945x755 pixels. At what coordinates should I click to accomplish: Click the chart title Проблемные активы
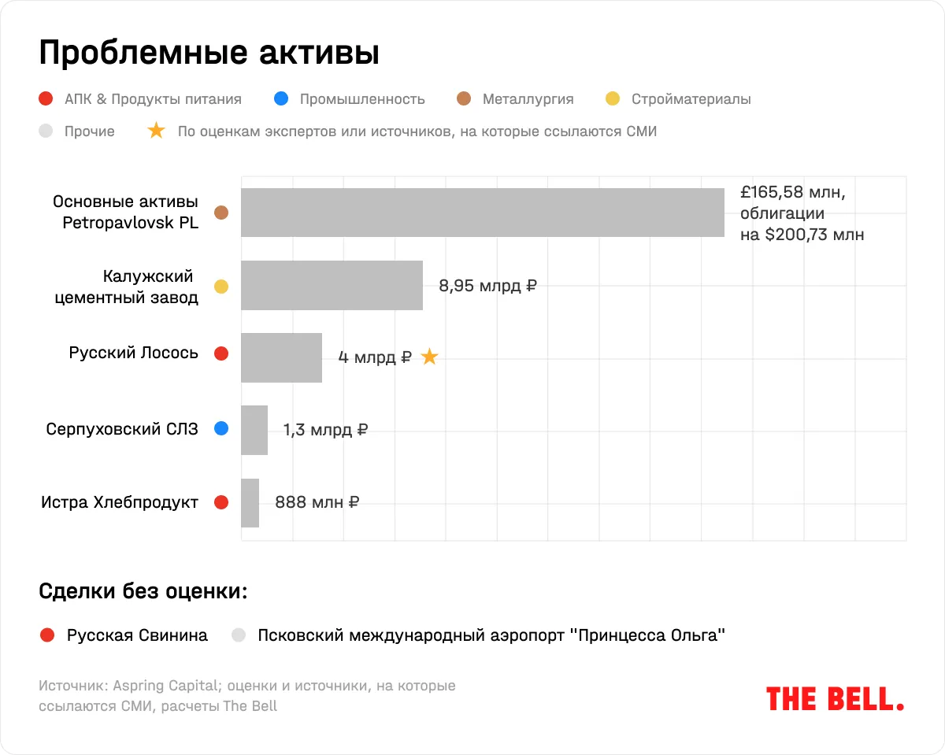tap(209, 53)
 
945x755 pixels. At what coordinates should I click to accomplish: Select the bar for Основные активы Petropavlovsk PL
tap(482, 213)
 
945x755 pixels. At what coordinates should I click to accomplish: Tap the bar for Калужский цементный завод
tap(332, 285)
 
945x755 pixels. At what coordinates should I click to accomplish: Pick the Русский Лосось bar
tap(281, 357)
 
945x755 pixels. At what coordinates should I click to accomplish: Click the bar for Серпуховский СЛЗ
tap(254, 430)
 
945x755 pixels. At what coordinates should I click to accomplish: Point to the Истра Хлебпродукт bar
tap(250, 502)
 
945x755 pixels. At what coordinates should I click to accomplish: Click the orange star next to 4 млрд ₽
tap(429, 357)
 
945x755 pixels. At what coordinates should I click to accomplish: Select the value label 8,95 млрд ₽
tap(487, 286)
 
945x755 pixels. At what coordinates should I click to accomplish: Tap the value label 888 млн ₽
tap(317, 502)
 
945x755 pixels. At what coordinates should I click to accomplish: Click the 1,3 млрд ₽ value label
tap(325, 430)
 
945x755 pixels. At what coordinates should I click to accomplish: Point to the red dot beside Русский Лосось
tap(221, 353)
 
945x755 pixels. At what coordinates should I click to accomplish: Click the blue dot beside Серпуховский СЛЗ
tap(221, 429)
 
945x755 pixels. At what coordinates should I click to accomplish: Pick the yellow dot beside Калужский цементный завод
tap(221, 287)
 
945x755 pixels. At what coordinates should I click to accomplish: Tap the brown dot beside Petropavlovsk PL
tap(221, 213)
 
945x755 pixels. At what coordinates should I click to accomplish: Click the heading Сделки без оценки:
tap(143, 591)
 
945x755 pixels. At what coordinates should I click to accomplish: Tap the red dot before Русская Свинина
tap(46, 635)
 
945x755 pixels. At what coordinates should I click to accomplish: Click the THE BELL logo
tap(835, 698)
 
